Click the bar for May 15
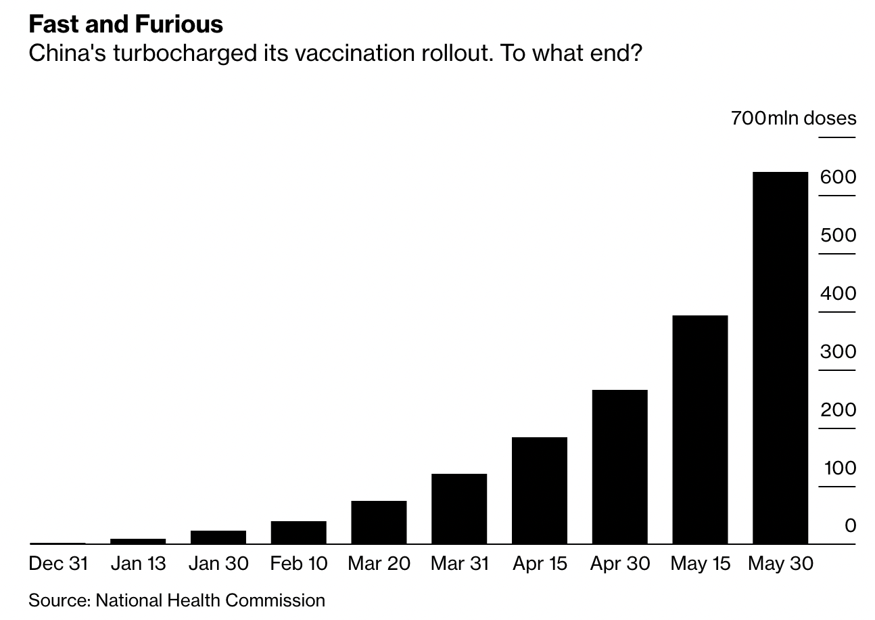click(700, 429)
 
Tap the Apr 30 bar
click(619, 466)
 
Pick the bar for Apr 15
click(540, 490)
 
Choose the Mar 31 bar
click(459, 508)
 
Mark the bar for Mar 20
click(379, 522)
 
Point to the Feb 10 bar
click(298, 532)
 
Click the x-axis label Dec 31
click(58, 564)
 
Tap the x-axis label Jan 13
click(138, 564)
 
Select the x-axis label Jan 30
click(218, 564)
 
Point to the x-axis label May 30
click(780, 564)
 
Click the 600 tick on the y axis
click(838, 177)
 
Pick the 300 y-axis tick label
click(838, 352)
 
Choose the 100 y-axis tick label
click(839, 468)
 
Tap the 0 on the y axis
click(850, 526)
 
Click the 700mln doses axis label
click(793, 118)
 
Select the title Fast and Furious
click(126, 24)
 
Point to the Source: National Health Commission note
click(176, 600)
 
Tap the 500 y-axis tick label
click(838, 236)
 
